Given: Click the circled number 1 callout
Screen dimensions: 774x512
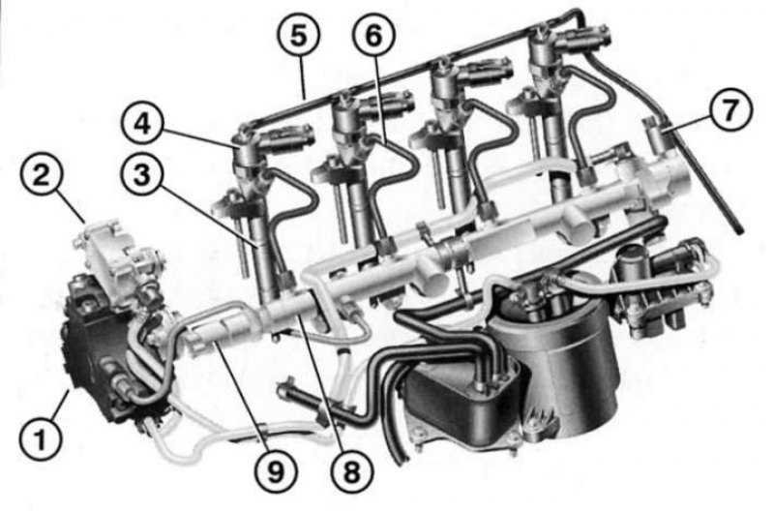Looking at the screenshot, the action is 41,437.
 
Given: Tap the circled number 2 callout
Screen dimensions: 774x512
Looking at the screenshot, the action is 42,176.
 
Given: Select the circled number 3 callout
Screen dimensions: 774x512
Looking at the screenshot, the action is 142,175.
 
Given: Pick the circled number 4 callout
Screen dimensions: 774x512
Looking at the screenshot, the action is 143,124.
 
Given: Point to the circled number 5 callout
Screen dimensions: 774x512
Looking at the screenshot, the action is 298,35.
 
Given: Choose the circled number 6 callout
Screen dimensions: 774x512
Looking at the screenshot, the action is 374,35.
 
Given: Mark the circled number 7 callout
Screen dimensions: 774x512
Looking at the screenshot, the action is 731,109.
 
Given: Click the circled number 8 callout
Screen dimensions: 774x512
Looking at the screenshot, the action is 351,471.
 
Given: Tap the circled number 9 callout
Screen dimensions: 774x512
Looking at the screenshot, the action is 277,471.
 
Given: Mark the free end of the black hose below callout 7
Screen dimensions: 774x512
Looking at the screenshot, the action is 739,229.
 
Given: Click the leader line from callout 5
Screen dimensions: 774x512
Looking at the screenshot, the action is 303,76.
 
